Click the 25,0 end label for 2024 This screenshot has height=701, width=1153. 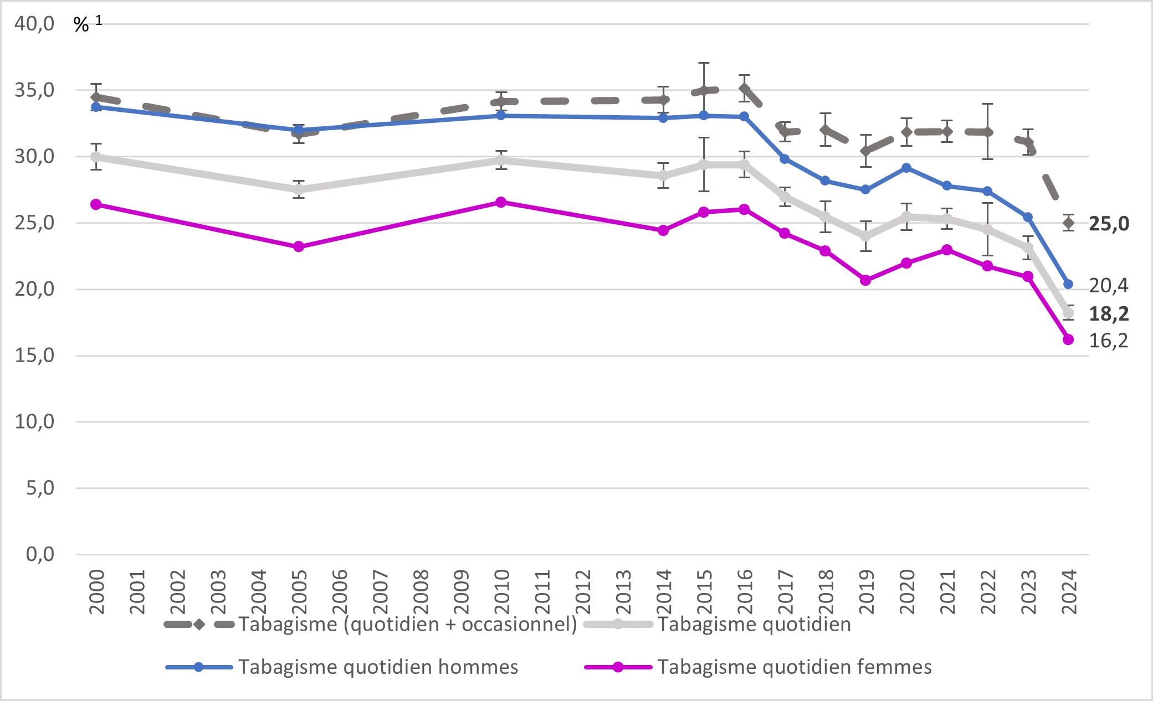tap(1109, 224)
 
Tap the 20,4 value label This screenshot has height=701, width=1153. tap(1108, 285)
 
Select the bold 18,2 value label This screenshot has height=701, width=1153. tap(1109, 314)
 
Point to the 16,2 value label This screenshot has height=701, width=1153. tap(1108, 340)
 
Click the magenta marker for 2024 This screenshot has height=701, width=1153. tap(1068, 339)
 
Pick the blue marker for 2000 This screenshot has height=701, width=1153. tap(96, 106)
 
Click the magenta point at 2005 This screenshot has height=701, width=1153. tap(299, 246)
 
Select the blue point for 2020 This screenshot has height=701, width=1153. tap(906, 168)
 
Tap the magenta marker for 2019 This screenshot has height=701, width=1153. tap(865, 280)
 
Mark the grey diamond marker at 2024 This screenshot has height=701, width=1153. tap(1068, 223)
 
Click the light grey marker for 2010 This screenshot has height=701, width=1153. tap(501, 161)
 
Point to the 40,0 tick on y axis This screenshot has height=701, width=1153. tap(34, 24)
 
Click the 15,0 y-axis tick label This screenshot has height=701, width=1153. tap(34, 355)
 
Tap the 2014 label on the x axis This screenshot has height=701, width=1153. tap(663, 591)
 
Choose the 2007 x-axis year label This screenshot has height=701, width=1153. tap(380, 591)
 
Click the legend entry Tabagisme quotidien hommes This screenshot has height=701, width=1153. tap(378, 667)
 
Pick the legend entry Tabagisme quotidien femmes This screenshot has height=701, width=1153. tap(794, 667)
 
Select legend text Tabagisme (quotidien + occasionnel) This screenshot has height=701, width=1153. tap(407, 625)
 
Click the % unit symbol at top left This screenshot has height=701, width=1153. tap(81, 25)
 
